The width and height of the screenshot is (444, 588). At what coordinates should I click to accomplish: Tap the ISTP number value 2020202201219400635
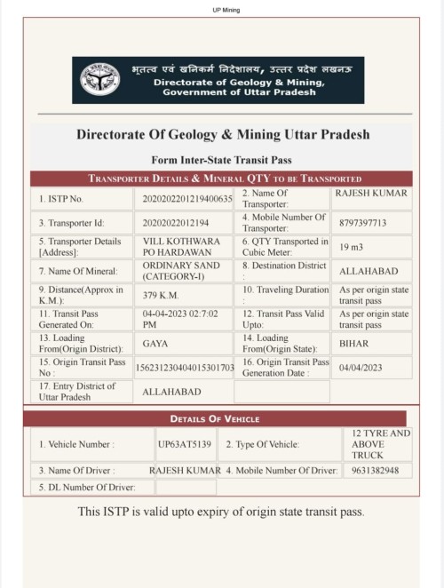click(x=187, y=199)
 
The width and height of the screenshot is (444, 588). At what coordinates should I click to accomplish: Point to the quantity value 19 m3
click(x=351, y=247)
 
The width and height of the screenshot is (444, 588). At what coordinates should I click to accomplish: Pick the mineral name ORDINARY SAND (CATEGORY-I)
click(x=172, y=271)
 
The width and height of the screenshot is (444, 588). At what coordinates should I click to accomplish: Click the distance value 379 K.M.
click(x=163, y=295)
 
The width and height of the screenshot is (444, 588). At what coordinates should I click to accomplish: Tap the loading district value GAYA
click(x=155, y=343)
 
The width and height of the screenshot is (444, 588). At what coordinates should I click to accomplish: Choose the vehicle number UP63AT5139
click(x=185, y=443)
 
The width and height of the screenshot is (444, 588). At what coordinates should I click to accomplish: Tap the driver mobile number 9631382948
click(x=375, y=470)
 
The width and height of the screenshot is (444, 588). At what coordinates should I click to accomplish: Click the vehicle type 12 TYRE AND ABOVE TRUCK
click(x=376, y=443)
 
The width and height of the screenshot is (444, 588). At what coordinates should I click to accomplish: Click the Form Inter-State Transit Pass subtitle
click(x=222, y=160)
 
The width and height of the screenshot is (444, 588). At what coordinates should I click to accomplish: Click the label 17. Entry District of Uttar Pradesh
click(x=77, y=391)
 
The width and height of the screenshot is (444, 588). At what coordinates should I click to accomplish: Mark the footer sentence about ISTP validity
click(x=221, y=512)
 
